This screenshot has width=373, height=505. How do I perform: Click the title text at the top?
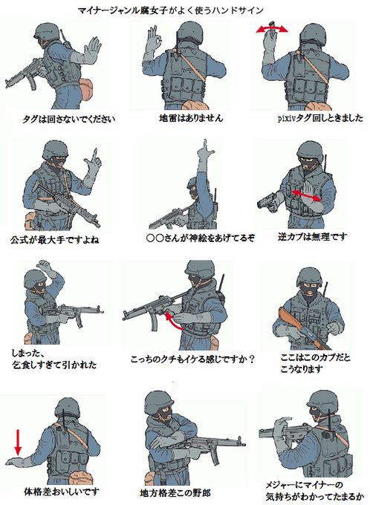[171, 10]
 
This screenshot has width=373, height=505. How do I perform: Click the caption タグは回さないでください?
[68, 119]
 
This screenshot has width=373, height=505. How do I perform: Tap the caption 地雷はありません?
[191, 118]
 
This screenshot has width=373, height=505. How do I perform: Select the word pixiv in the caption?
[286, 118]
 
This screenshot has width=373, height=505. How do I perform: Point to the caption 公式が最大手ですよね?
[55, 240]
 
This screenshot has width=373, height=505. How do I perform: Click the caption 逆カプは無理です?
[312, 237]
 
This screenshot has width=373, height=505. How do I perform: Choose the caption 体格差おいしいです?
[62, 492]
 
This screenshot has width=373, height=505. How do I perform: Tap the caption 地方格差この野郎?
[175, 492]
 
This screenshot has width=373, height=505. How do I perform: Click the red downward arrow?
[18, 443]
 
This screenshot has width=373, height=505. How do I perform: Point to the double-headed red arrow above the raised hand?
[272, 29]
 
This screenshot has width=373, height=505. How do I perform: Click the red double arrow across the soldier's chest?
[306, 195]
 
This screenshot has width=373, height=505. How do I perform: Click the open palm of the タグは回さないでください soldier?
[91, 50]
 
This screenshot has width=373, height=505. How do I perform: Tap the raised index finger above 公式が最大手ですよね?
[95, 155]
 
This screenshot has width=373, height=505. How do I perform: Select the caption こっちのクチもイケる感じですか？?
[192, 359]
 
